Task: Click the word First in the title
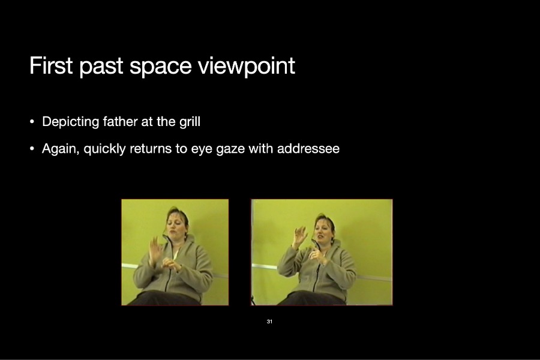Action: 51,65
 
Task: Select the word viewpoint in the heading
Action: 247,67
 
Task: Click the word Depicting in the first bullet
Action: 71,122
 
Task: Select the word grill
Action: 190,122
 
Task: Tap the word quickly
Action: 104,149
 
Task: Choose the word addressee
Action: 308,148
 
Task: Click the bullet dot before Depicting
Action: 32,122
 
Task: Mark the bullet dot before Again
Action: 32,149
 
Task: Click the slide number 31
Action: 269,322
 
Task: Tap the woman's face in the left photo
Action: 176,226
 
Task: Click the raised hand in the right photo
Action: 299,236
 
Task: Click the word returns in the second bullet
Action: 151,149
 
